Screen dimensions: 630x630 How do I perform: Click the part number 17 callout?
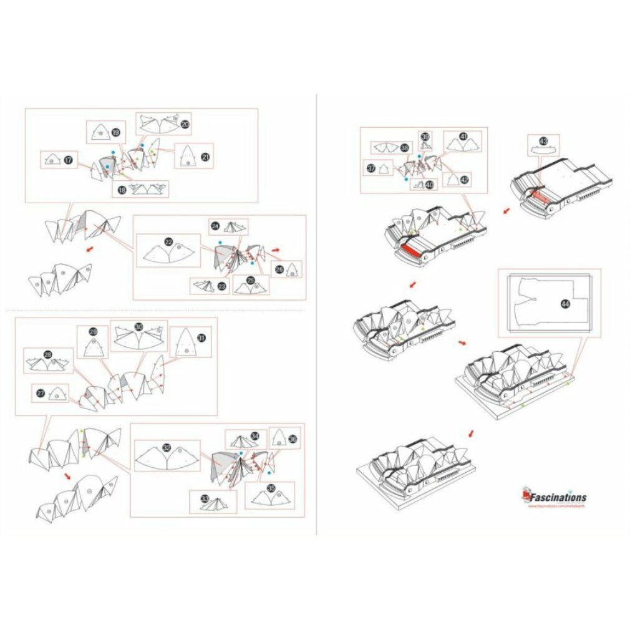[x=67, y=160]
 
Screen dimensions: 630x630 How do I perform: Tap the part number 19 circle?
[x=115, y=132]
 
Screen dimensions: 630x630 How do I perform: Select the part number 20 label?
[x=185, y=124]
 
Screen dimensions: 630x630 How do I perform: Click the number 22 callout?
[x=168, y=241]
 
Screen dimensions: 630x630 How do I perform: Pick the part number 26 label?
[x=279, y=269]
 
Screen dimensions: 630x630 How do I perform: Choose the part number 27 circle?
[x=41, y=394]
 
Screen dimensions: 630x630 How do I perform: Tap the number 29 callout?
[x=94, y=332]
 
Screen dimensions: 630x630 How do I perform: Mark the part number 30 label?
[x=138, y=327]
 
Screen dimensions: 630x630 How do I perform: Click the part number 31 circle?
[x=201, y=337]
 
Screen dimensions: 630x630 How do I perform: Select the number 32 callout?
[x=166, y=447]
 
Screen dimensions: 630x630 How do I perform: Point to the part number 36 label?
[x=293, y=439]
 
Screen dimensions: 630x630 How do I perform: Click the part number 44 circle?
[x=565, y=304]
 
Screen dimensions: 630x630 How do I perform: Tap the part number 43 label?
[x=543, y=141]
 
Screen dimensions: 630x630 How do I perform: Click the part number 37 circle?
[x=371, y=168]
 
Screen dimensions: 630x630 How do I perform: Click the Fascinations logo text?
[x=558, y=498]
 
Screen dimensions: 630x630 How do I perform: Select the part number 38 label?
[x=405, y=148]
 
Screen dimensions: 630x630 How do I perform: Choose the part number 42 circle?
[x=464, y=179]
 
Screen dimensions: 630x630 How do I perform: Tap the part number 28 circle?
[x=47, y=355]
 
